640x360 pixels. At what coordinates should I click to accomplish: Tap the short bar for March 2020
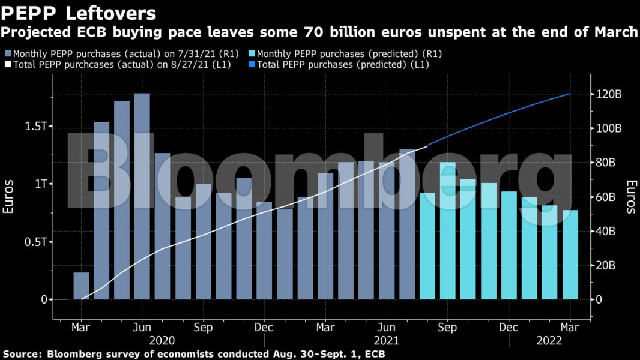[x=81, y=286]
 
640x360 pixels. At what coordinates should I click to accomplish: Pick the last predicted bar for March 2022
[x=570, y=254]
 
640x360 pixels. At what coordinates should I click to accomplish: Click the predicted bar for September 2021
[x=448, y=230]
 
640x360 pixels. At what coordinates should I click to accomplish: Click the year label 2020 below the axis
[x=162, y=340]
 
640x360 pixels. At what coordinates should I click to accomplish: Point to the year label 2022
[x=548, y=340]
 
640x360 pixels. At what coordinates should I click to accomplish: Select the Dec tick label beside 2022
[x=509, y=328]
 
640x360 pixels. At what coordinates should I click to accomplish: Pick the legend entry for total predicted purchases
[x=342, y=64]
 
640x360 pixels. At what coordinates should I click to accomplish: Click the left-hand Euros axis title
[x=8, y=197]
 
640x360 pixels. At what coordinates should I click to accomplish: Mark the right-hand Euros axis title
[x=630, y=197]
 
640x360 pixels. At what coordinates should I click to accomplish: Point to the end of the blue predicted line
[x=570, y=94]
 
